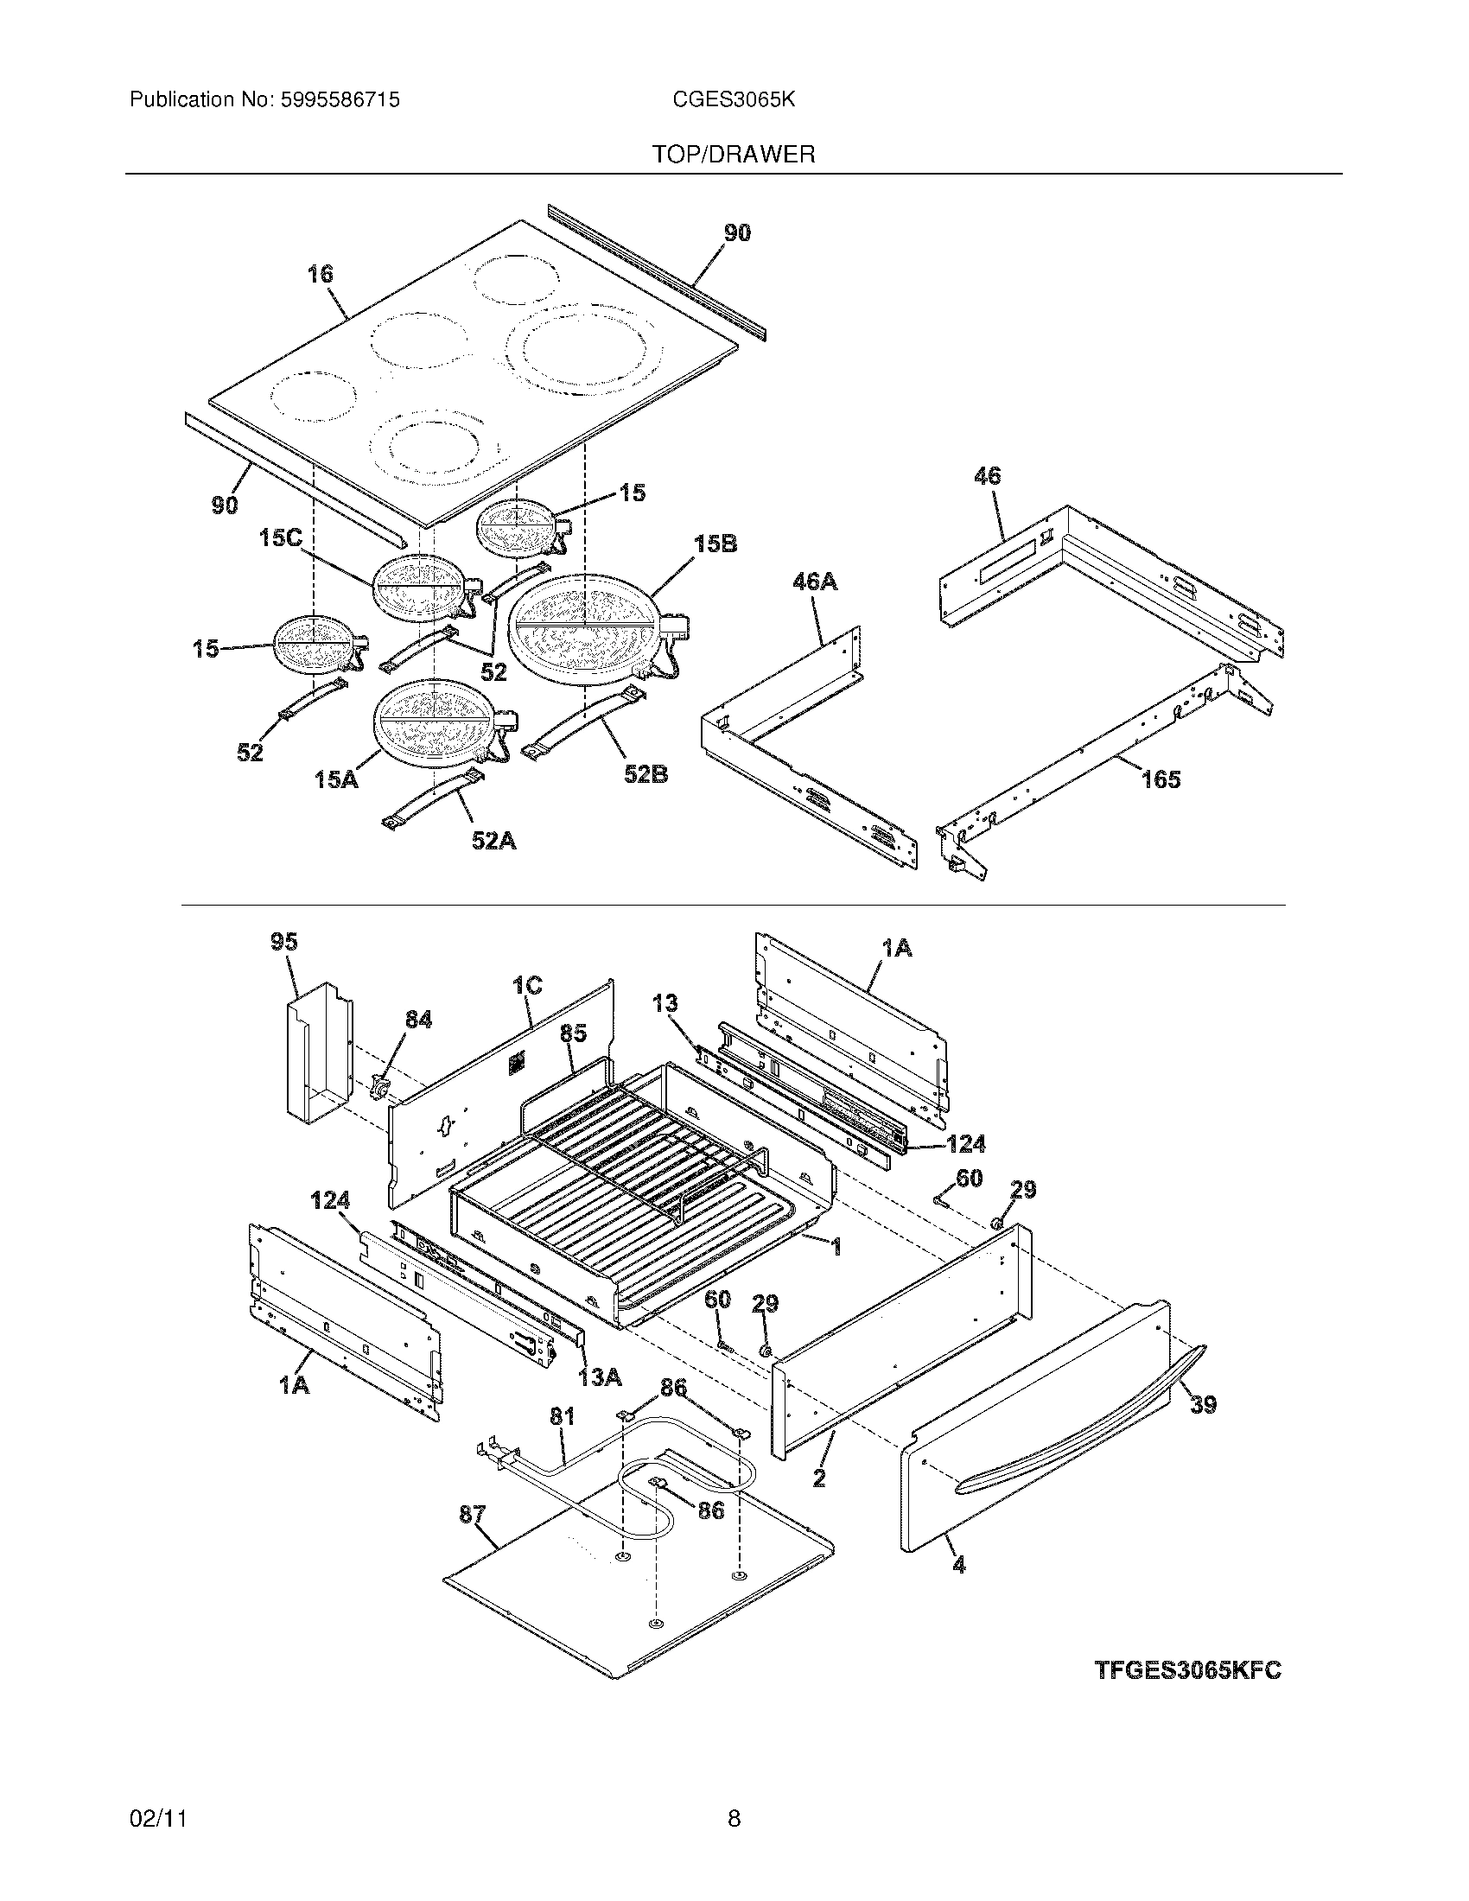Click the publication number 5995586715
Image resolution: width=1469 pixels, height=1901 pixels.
(340, 100)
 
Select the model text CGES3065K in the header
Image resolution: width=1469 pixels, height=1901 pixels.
(733, 100)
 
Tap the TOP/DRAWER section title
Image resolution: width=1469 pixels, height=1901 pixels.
(734, 155)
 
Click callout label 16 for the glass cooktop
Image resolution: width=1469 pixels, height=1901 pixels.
(320, 275)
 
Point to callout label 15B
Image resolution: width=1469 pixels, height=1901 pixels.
(715, 544)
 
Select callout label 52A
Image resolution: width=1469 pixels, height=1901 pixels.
(493, 841)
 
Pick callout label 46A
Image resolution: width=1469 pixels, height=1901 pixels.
(815, 582)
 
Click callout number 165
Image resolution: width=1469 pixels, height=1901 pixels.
(1160, 779)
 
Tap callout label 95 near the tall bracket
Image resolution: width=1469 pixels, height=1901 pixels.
(283, 942)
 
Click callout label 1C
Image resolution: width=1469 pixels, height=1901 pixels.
(527, 985)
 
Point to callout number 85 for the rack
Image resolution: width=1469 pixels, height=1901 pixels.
(573, 1033)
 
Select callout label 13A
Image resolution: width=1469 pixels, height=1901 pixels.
(600, 1376)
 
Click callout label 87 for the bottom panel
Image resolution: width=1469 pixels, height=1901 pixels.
(472, 1515)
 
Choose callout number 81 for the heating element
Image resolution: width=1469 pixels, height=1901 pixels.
(563, 1416)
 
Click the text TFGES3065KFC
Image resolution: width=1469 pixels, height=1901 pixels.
(1187, 1670)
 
